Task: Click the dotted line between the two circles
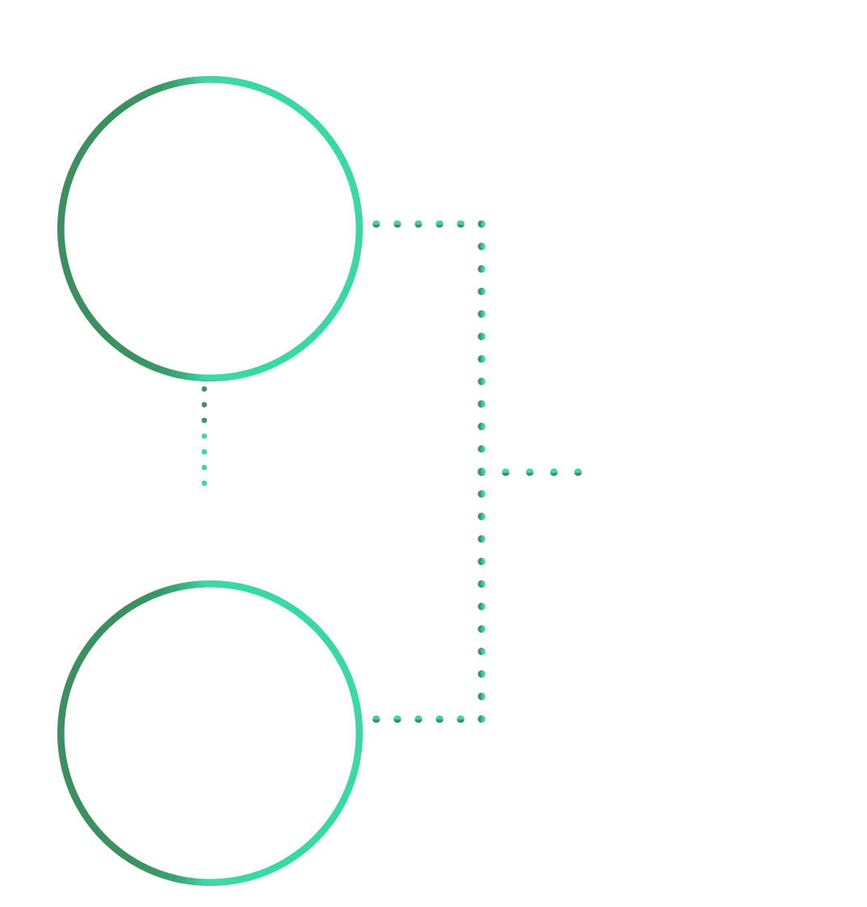coord(204,437)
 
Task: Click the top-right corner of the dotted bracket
coord(482,223)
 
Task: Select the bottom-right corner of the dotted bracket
coord(482,718)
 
